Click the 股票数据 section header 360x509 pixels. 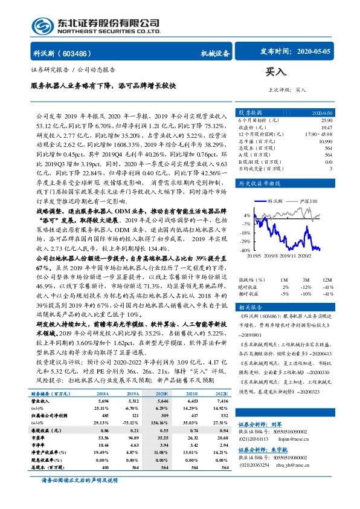248,113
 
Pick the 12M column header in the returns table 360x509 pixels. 327,280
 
